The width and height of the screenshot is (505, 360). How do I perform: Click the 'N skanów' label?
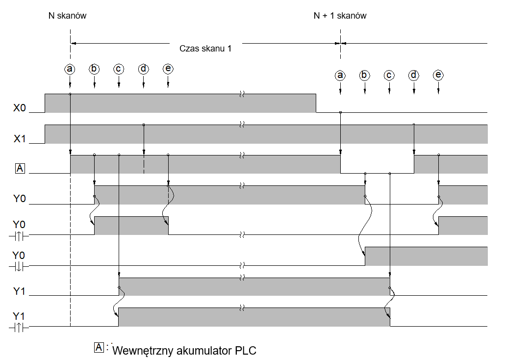tap(67, 16)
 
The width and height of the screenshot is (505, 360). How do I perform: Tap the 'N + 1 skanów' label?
tap(340, 16)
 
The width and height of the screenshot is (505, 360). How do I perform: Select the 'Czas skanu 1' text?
tap(205, 49)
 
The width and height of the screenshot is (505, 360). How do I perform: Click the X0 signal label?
tap(19, 107)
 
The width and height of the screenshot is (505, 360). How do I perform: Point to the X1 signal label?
tap(19, 139)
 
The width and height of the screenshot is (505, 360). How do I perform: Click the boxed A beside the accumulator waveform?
tap(20, 168)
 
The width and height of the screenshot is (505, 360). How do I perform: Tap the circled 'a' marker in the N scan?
tap(70, 69)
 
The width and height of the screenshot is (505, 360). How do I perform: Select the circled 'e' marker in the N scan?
tap(168, 69)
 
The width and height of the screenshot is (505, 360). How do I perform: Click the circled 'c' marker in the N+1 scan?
tap(389, 76)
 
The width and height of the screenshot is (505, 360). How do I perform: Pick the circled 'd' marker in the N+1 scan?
tap(413, 76)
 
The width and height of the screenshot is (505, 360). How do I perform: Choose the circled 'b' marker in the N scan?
tap(94, 69)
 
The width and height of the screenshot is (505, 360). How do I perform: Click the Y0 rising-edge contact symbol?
tap(19, 236)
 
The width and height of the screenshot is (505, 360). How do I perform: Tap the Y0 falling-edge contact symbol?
tap(19, 267)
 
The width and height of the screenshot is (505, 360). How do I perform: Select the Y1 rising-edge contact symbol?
tap(19, 328)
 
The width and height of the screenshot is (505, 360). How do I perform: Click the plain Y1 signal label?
tap(19, 291)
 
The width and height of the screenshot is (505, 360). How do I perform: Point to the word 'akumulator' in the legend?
tap(204, 350)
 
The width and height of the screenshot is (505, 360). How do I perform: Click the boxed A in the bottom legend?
tap(99, 347)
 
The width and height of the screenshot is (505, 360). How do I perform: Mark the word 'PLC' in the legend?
tap(246, 350)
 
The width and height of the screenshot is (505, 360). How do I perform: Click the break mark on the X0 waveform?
tap(242, 94)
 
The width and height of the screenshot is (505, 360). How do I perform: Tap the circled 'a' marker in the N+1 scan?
tap(340, 76)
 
